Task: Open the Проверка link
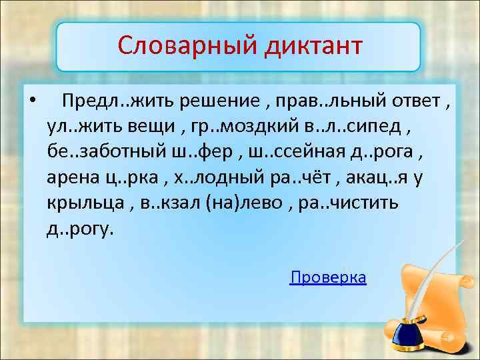pos(328,278)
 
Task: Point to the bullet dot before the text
pos(31,102)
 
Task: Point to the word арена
pos(73,178)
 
